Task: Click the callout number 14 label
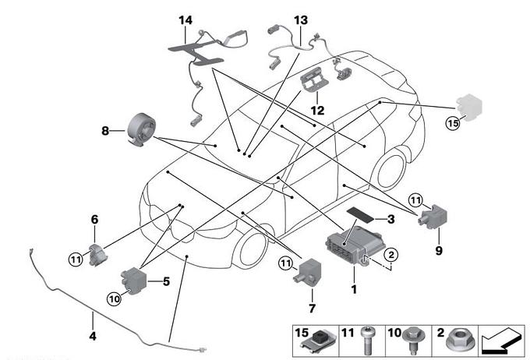click(x=184, y=19)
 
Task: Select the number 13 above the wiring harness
click(x=301, y=19)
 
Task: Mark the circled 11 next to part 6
click(x=75, y=259)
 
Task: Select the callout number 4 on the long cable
click(x=93, y=337)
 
